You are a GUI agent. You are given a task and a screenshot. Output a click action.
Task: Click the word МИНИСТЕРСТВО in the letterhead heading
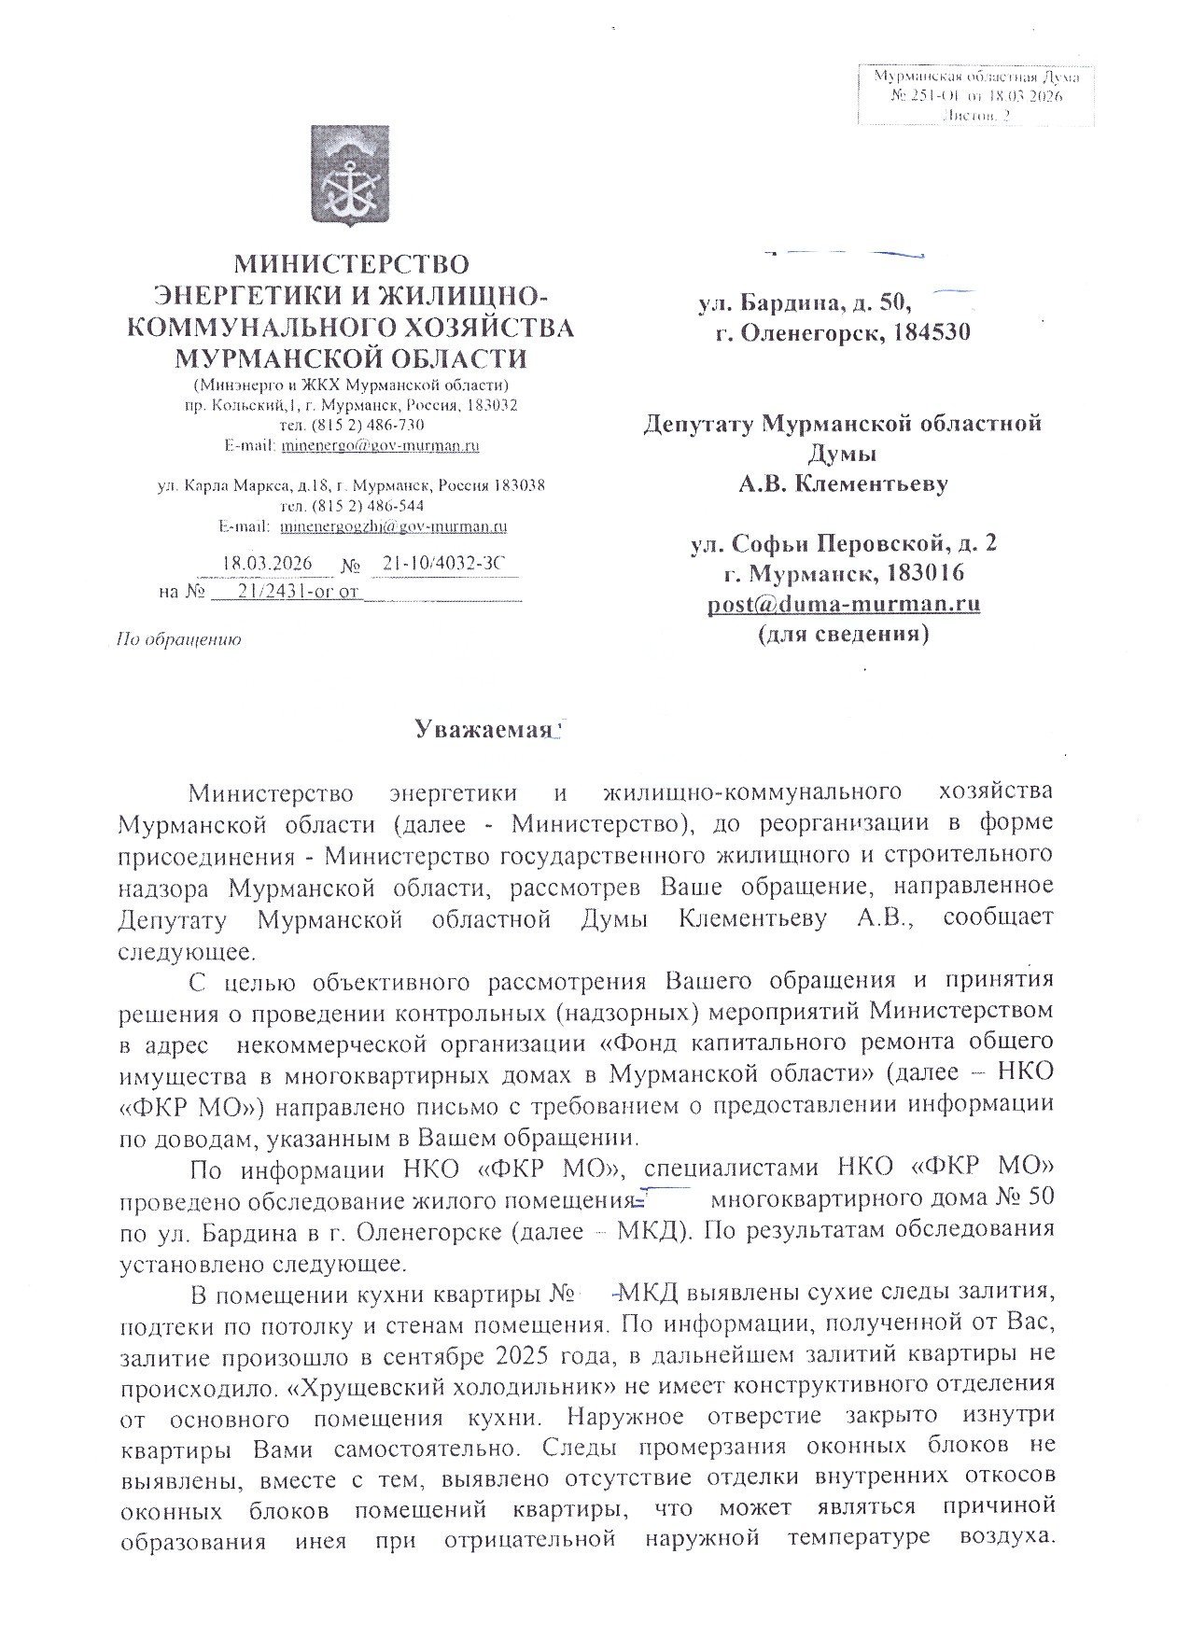click(x=350, y=264)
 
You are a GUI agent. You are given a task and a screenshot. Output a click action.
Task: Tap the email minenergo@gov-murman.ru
click(x=380, y=446)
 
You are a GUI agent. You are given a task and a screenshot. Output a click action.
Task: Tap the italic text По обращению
click(x=177, y=640)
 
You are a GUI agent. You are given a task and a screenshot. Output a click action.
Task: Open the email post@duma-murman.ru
click(x=843, y=604)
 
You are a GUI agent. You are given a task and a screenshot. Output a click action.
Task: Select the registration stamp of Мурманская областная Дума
click(x=975, y=95)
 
